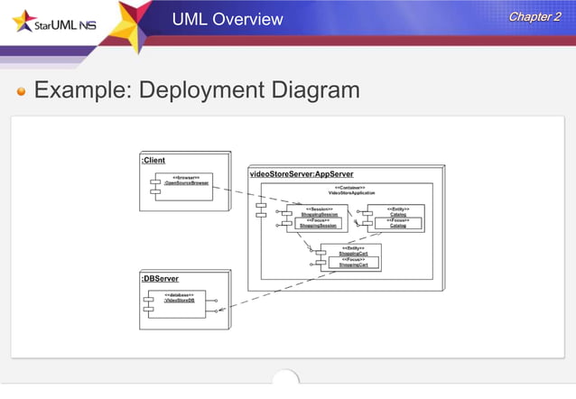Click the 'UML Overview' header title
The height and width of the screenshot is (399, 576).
coord(228,19)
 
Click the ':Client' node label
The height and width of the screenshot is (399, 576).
coord(153,160)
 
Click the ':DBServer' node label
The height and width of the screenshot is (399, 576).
coord(160,279)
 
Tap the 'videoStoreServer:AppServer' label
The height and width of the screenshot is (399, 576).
coord(301,172)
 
